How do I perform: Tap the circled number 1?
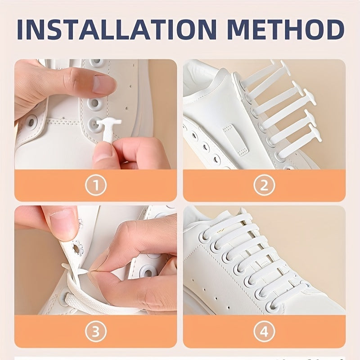95,185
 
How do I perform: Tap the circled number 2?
264,185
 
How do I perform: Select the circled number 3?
95,332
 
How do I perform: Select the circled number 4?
264,332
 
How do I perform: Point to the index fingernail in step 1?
104,84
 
